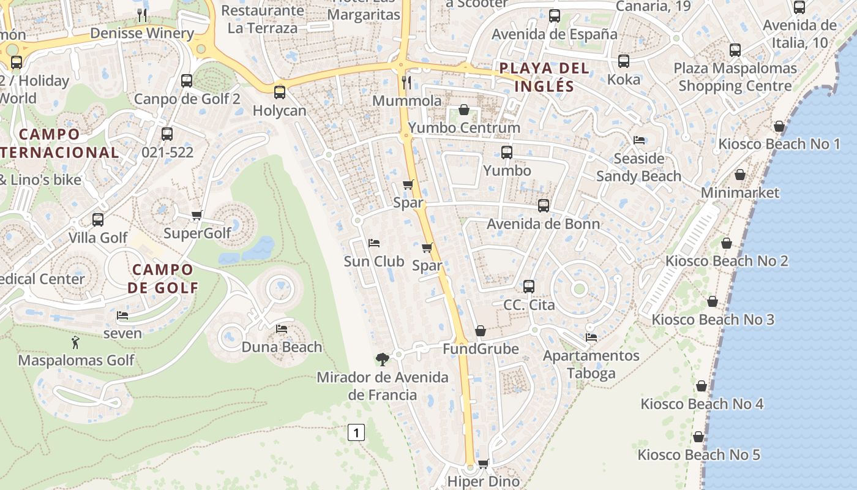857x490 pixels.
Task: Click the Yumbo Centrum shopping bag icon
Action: coord(464,110)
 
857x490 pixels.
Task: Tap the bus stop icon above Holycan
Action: coord(280,92)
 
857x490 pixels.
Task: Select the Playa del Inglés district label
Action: coord(544,77)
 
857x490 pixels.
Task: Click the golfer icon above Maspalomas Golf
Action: coord(75,342)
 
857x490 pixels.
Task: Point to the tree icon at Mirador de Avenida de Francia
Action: coord(383,359)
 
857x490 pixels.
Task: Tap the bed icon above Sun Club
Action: coord(374,243)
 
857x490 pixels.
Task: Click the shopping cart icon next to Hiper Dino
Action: coord(484,464)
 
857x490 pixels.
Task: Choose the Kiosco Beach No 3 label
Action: coord(713,319)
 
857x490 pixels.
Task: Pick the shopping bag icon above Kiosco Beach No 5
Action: coord(698,437)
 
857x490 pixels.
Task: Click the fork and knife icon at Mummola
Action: coord(406,82)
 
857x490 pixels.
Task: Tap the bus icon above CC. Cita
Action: coord(529,286)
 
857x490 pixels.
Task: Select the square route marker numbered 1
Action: coord(356,432)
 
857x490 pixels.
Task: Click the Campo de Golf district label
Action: coord(163,278)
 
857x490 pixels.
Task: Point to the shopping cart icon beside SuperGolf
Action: coord(197,215)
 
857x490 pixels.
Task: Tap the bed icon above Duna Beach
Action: coord(282,329)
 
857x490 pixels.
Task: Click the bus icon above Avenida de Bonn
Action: coord(543,206)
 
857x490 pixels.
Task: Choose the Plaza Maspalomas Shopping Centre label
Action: coord(735,77)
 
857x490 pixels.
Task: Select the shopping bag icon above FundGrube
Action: coord(481,331)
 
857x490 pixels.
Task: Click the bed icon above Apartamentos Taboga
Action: coord(591,337)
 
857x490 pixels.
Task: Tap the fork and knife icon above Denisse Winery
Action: coord(142,15)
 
